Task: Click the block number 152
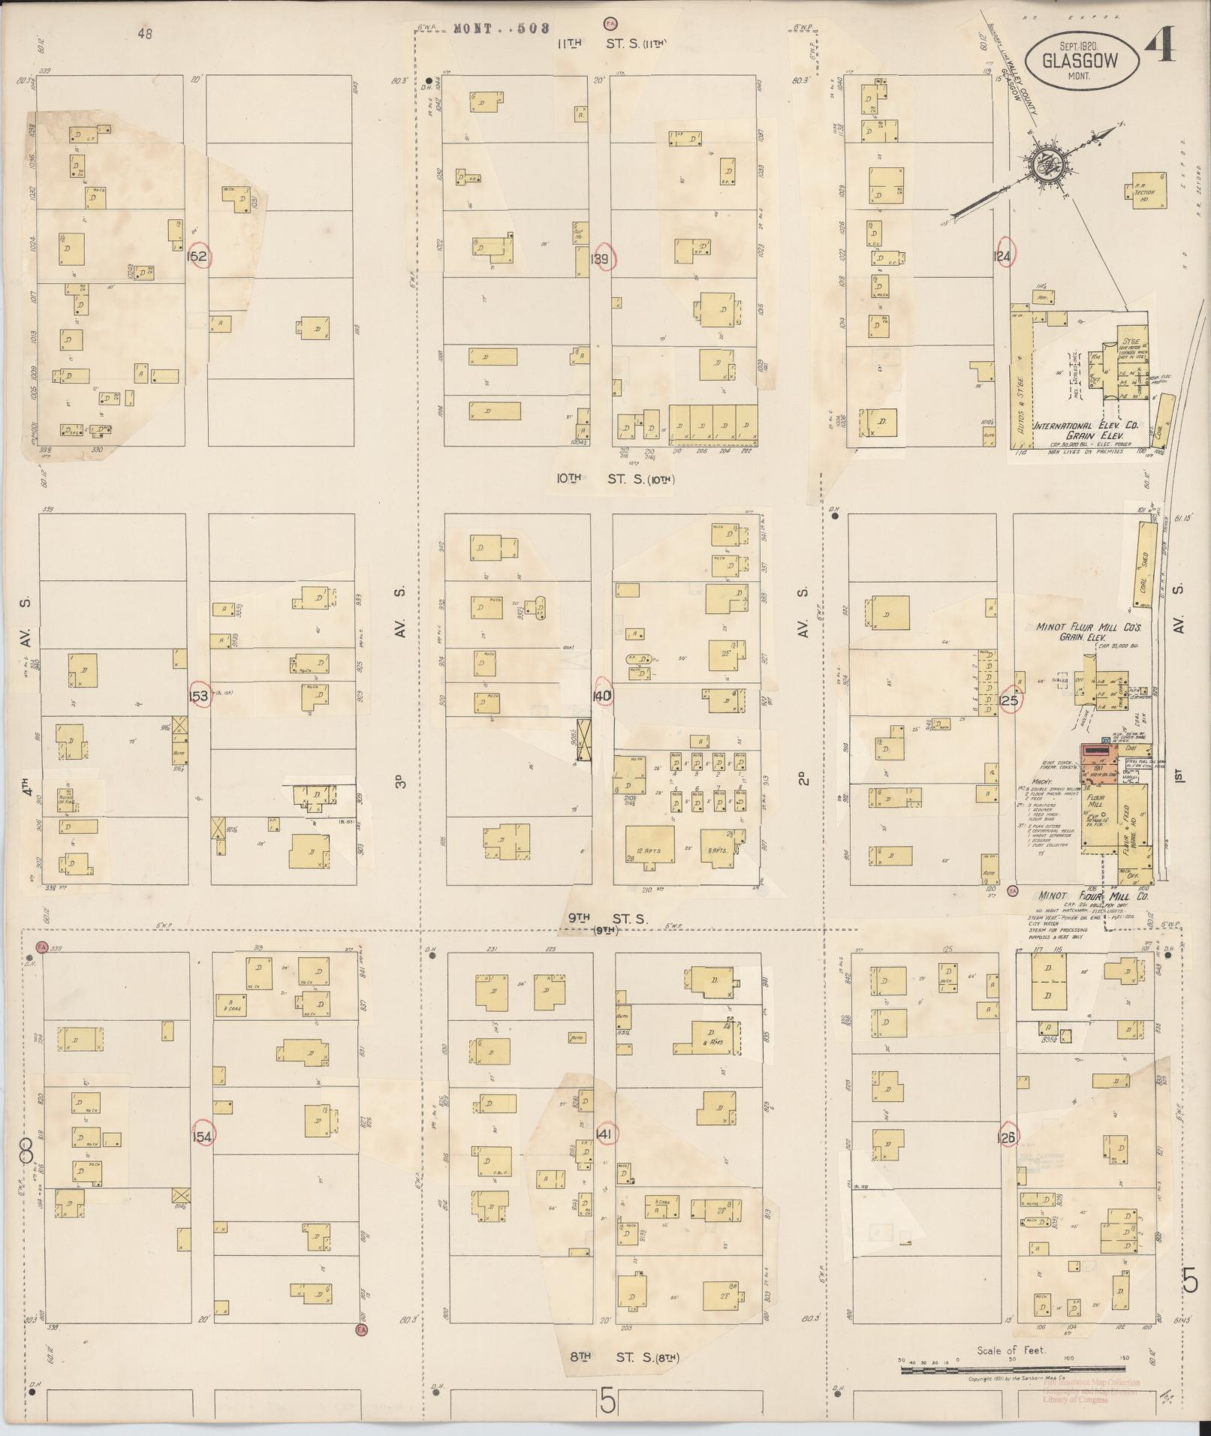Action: [199, 257]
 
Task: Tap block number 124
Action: [1003, 256]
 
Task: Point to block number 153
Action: [199, 697]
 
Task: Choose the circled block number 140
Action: [602, 696]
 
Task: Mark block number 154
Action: [203, 1135]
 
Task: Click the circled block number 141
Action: [605, 1134]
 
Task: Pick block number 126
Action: [1007, 1138]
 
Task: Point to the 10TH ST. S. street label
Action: [614, 477]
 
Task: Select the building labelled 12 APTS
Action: [649, 846]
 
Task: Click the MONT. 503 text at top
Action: [501, 29]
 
